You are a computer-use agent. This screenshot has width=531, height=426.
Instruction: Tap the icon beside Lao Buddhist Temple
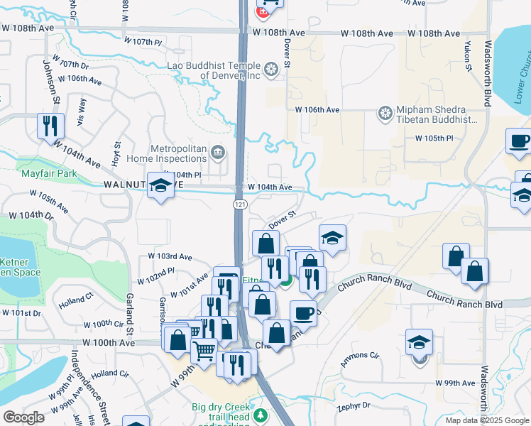(270, 70)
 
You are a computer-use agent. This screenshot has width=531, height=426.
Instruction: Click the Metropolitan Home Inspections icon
(218, 151)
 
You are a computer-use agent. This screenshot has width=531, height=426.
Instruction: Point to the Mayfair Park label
(48, 173)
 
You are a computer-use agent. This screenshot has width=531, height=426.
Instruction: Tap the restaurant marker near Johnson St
(50, 126)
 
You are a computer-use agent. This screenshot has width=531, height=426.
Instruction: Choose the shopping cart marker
(204, 350)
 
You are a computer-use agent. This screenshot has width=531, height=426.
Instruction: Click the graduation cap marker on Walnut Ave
(161, 185)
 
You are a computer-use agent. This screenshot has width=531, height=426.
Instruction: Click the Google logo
(24, 417)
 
